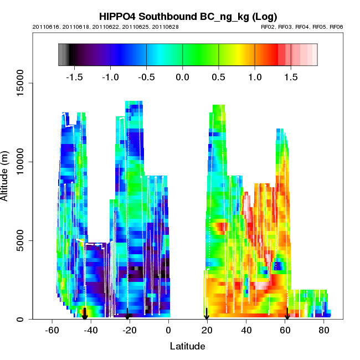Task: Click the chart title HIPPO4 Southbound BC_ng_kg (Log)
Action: pos(188,16)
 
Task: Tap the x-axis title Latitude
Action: pos(187,346)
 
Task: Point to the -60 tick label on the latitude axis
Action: pos(52,330)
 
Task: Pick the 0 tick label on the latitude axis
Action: pos(168,330)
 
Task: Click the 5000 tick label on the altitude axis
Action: pos(22,240)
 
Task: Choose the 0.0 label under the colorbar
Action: pos(182,76)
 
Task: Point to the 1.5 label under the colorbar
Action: pos(291,76)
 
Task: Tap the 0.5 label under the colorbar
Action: pos(219,76)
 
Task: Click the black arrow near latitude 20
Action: pos(207,315)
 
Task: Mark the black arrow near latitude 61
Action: pos(287,315)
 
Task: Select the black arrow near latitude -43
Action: pos(85,314)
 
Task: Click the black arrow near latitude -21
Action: pos(127,315)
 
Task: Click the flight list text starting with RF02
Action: pos(302,27)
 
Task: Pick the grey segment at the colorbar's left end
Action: pos(63,55)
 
